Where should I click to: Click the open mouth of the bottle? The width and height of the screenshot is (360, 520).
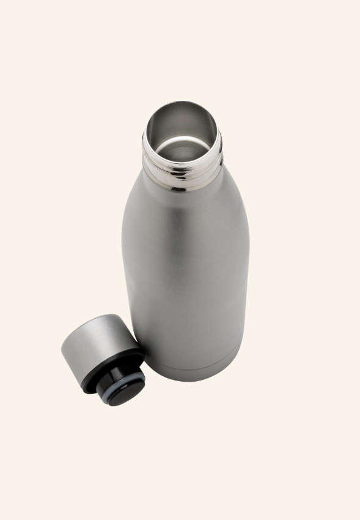[x=182, y=138]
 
